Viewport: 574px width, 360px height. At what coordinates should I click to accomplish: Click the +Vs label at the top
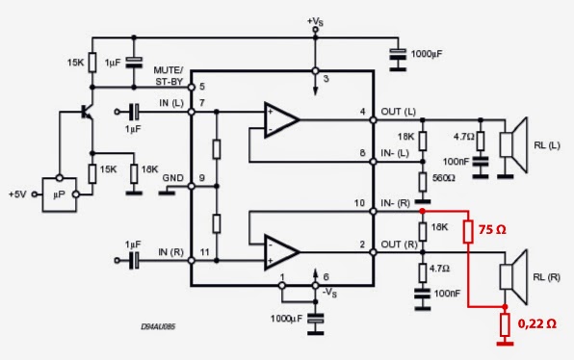pyautogui.click(x=315, y=21)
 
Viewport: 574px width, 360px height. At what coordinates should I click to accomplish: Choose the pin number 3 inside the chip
pyautogui.click(x=326, y=78)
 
